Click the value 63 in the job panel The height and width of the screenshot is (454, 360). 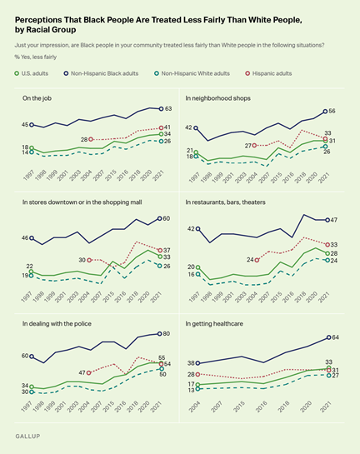[167, 108]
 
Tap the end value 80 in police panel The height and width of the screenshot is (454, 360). [167, 334]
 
